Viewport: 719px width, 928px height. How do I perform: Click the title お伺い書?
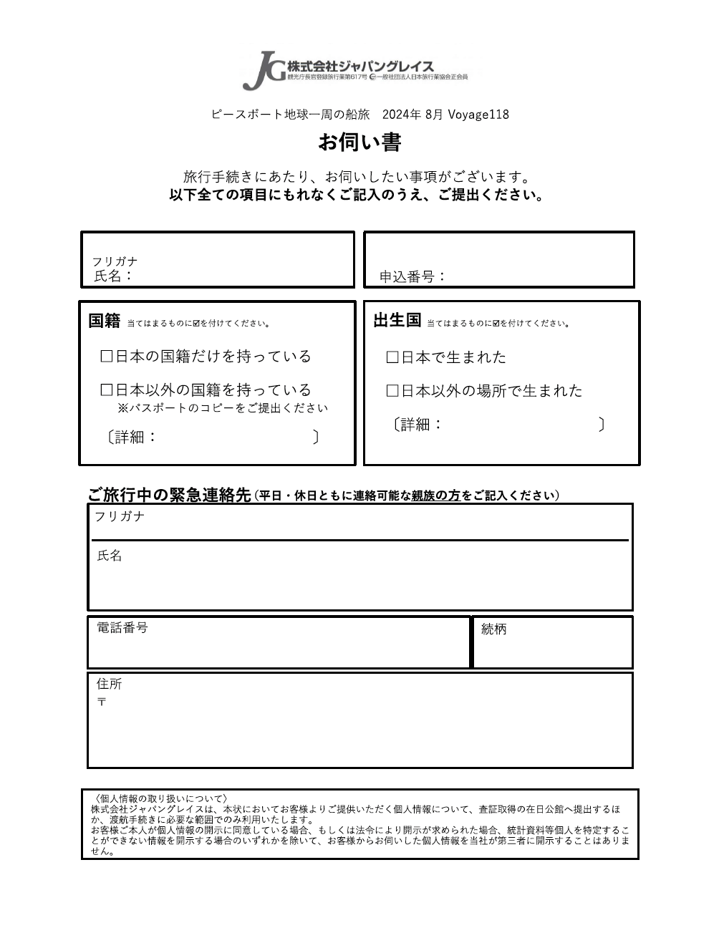click(359, 142)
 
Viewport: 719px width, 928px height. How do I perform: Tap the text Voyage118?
click(478, 115)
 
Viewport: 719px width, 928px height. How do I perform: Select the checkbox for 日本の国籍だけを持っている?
click(107, 357)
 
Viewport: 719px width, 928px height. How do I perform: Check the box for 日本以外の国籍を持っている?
click(107, 390)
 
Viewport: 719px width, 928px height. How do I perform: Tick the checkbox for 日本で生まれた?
click(392, 357)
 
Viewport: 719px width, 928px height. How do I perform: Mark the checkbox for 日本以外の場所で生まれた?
click(392, 391)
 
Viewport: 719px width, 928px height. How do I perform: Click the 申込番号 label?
click(412, 276)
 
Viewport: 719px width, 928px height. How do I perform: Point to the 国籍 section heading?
click(105, 321)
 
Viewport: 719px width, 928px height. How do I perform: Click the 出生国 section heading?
click(397, 321)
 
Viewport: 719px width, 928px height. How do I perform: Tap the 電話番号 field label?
click(122, 628)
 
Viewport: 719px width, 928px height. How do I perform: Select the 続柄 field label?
click(494, 629)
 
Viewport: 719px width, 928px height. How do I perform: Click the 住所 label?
click(110, 685)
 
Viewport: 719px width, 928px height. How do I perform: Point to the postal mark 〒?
click(102, 702)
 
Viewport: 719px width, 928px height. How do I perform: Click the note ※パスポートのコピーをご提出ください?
click(223, 408)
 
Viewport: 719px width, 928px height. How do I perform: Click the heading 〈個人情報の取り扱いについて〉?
click(160, 798)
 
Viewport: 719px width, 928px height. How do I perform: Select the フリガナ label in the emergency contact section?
click(120, 517)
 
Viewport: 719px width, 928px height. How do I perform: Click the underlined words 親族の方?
click(435, 496)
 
